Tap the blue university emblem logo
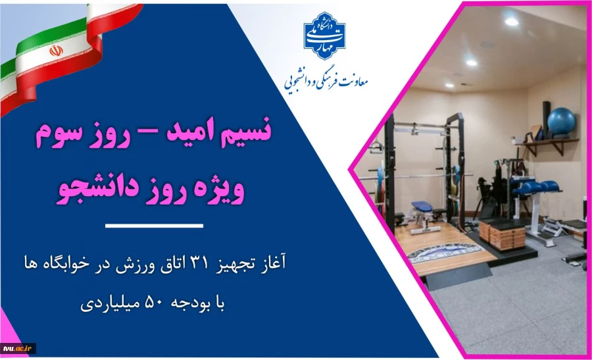(324, 36)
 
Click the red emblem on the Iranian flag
(56, 50)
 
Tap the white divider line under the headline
(154, 226)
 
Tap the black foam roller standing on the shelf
(545, 112)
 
